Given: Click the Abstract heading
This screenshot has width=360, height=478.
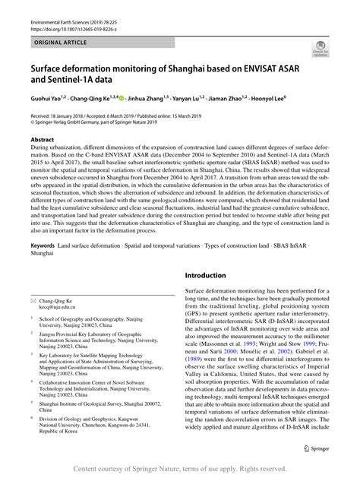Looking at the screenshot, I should pos(42,141).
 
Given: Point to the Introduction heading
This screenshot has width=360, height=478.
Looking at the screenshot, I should pos(210,275).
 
